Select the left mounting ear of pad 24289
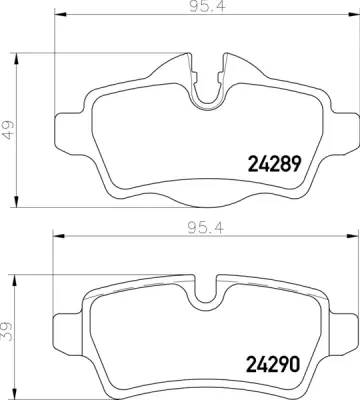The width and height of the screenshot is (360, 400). click(x=66, y=128)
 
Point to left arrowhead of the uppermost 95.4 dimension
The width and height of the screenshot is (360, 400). click(x=55, y=17)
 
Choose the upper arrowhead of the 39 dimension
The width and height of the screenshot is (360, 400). click(x=22, y=272)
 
